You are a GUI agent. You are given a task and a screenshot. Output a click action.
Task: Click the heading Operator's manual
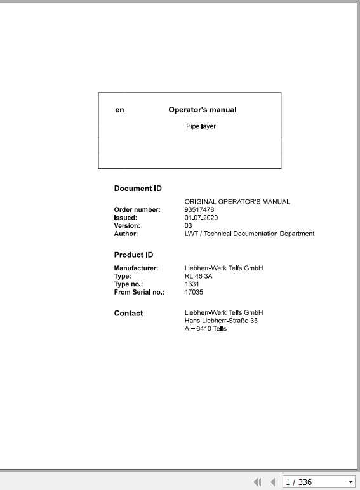point(202,110)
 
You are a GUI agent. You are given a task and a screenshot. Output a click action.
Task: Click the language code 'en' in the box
point(119,110)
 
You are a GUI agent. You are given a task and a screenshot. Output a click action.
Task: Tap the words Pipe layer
point(201,126)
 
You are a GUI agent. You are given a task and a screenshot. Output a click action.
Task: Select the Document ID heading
point(138,189)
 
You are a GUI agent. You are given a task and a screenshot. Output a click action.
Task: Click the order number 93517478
point(199,209)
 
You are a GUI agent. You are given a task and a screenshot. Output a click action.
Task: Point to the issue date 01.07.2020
point(201,218)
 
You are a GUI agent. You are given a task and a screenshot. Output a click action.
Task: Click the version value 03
point(188,225)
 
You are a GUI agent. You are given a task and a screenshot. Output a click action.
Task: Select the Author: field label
point(126,234)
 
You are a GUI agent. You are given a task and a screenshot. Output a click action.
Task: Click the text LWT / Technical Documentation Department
point(249,234)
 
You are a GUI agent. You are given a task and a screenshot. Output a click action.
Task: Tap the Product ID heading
point(133,255)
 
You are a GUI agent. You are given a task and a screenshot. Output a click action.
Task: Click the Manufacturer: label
point(136,268)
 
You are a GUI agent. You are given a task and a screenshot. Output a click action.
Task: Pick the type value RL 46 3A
point(198,276)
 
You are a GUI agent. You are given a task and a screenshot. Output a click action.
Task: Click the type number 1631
point(192,284)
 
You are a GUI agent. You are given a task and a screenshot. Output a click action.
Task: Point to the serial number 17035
point(194,292)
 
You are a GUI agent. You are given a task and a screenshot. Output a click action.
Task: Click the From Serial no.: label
point(139,292)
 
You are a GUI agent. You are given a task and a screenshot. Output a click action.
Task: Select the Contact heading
point(128,313)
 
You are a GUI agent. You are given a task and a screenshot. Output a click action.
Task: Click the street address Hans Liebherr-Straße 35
point(221,321)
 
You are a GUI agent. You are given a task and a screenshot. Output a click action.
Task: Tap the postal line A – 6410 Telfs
point(205,328)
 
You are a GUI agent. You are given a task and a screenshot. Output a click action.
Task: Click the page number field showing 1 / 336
point(314,482)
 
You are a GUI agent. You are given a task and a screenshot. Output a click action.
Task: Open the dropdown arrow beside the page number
point(350,482)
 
